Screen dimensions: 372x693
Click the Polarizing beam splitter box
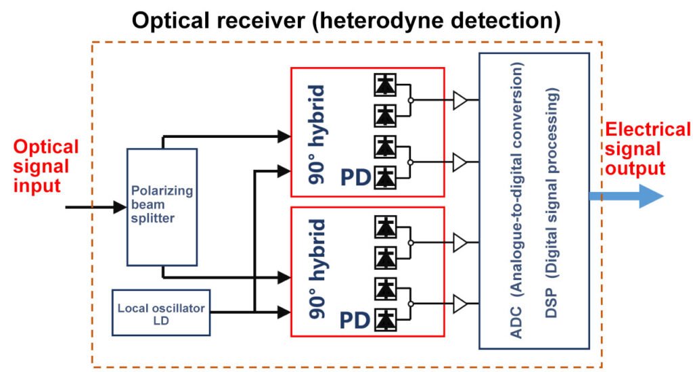tap(162, 207)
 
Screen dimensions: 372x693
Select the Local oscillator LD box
tap(160, 312)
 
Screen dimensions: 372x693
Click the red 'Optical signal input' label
tap(46, 165)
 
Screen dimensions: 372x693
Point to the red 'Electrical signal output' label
tap(646, 149)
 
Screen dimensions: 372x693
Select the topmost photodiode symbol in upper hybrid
tap(386, 85)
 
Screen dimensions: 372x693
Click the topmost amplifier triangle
tap(460, 101)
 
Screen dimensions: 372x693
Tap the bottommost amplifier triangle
tap(460, 304)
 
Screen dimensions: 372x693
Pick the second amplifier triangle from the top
tap(460, 162)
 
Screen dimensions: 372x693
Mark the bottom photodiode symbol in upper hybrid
tap(386, 177)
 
